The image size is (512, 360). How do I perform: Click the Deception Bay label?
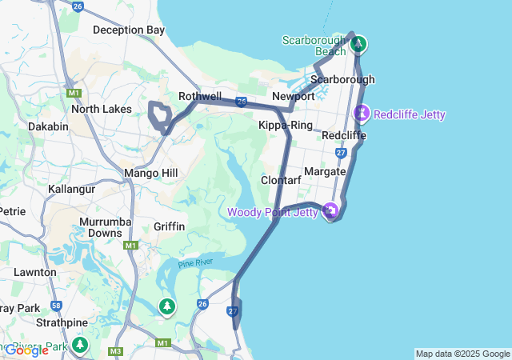pos(129,30)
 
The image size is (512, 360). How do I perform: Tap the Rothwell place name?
pos(199,96)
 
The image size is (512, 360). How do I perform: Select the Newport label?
pos(293,96)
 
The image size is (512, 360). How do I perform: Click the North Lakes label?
pos(101,109)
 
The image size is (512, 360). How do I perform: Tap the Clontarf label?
pos(281,180)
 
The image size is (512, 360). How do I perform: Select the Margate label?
pos(325,171)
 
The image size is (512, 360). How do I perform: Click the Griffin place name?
pos(169,226)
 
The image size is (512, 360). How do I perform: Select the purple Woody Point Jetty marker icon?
pos(330,211)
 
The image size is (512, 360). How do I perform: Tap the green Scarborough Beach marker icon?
pos(358,43)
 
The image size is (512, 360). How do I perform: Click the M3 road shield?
pos(116,351)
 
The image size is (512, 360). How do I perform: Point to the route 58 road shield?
pos(56,305)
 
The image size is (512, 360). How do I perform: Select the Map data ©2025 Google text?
pos(462,354)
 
